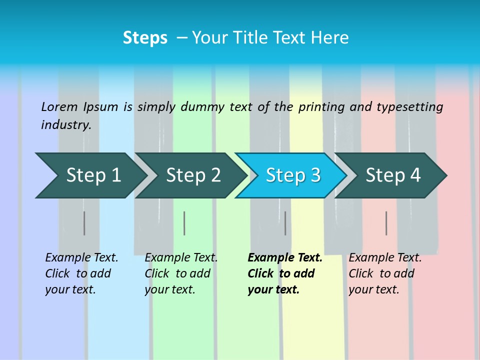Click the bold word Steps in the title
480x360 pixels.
click(x=145, y=38)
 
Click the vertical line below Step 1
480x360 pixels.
click(x=84, y=223)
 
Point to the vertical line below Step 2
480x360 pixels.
click(x=184, y=223)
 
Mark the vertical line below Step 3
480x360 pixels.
click(x=285, y=223)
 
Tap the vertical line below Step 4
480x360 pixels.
click(x=386, y=223)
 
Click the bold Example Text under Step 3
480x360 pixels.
click(x=285, y=258)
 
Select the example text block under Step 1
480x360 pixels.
click(x=81, y=273)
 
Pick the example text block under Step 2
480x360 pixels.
click(x=180, y=273)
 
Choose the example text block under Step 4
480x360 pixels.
click(x=384, y=273)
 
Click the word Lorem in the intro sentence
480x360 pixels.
click(x=59, y=106)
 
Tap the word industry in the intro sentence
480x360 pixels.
click(x=65, y=124)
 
